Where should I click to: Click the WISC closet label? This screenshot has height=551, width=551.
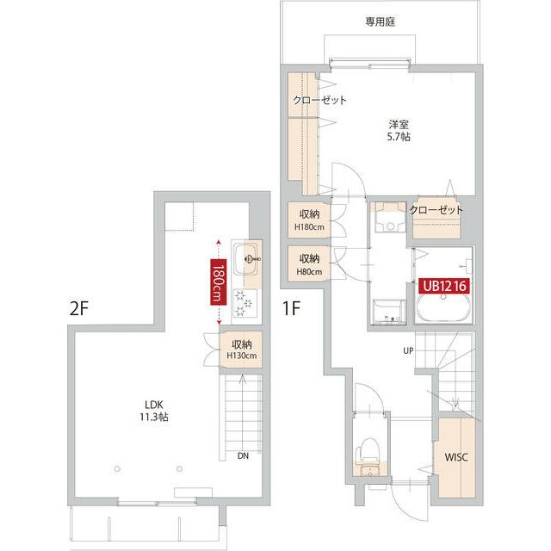[455, 457]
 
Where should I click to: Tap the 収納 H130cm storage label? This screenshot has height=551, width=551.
[241, 350]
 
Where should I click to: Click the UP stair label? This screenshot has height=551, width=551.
[409, 350]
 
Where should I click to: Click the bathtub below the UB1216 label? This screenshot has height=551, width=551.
[443, 310]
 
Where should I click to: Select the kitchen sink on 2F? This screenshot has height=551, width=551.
[246, 256]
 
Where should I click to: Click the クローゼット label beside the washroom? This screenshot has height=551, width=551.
[436, 210]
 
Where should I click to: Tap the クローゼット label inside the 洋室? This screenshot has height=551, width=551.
[319, 101]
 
